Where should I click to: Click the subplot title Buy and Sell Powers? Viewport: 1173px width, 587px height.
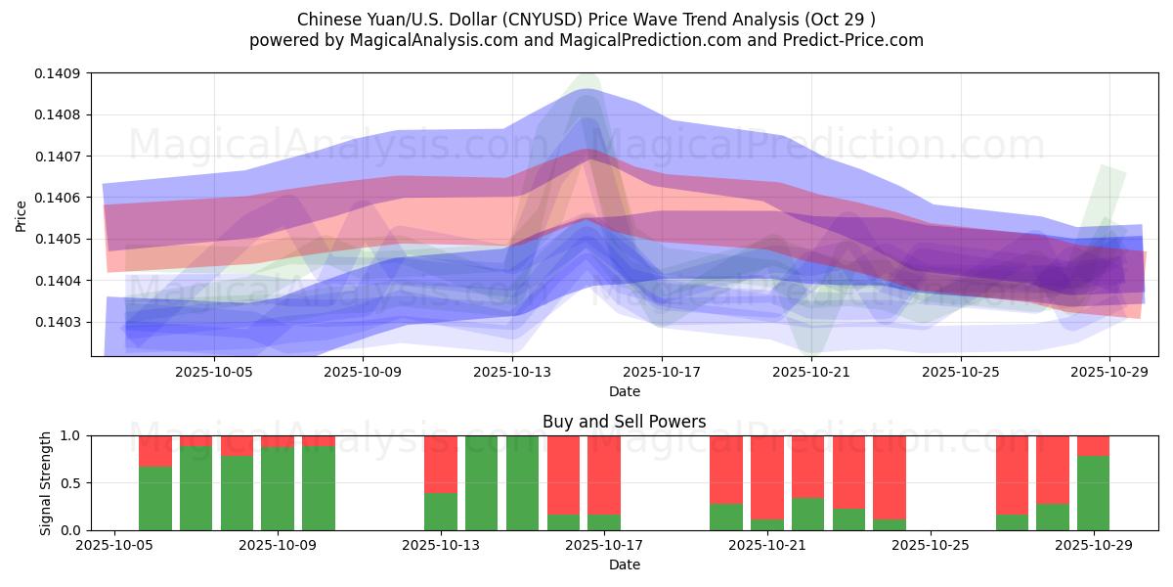click(x=625, y=422)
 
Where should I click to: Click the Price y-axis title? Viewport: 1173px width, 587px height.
click(x=22, y=215)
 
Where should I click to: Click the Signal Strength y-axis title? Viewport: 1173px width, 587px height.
click(x=46, y=482)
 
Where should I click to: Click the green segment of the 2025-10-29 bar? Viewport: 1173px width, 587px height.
click(x=1093, y=493)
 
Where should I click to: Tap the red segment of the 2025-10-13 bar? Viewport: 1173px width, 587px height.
click(x=441, y=464)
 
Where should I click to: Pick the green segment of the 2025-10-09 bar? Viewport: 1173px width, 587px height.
click(x=278, y=489)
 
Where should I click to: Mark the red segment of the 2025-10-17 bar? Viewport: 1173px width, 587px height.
click(x=604, y=474)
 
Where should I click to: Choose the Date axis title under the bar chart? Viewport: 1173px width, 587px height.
click(x=625, y=564)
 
